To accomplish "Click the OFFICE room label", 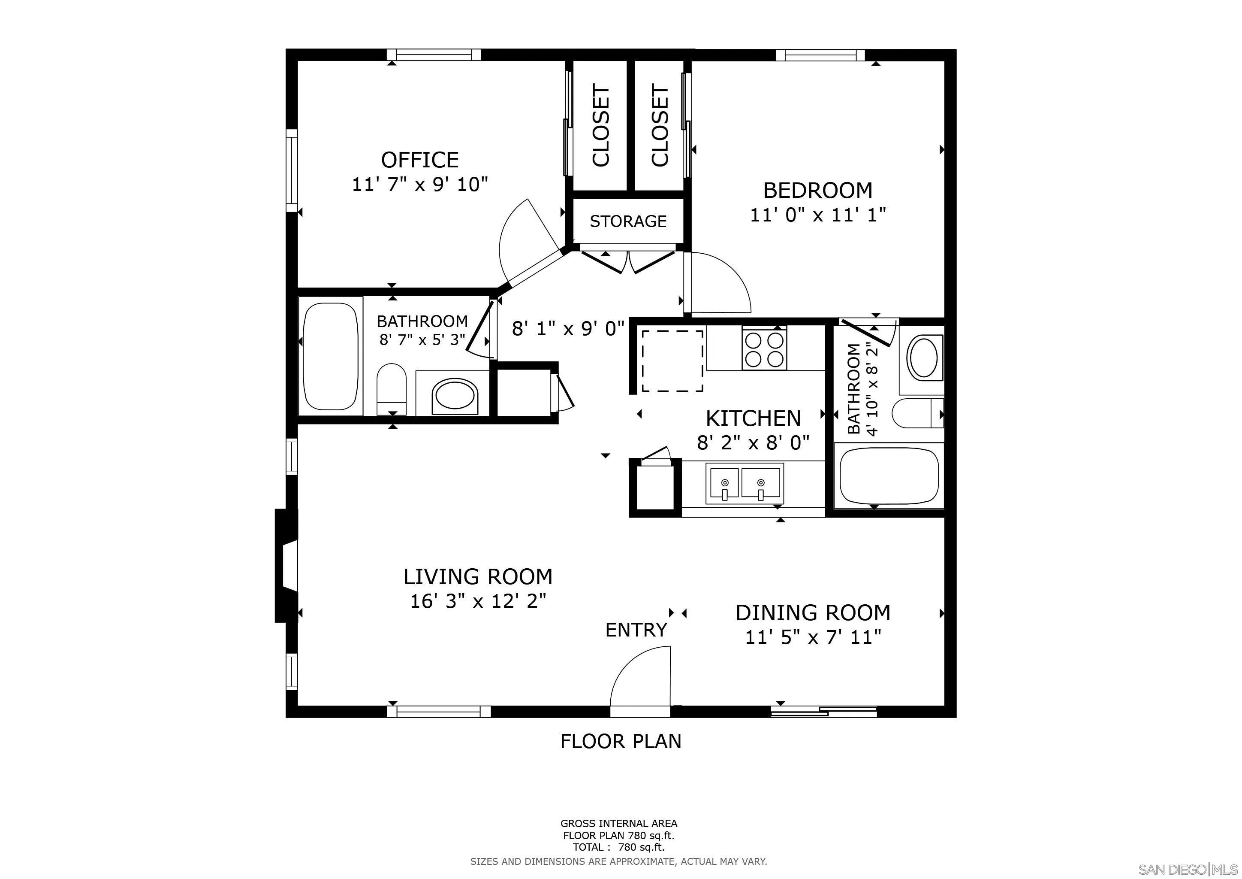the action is pyautogui.click(x=420, y=160).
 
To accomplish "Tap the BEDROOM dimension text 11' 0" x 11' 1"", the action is pyautogui.click(x=818, y=215).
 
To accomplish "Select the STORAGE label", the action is pyautogui.click(x=627, y=221).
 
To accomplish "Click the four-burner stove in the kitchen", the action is pyautogui.click(x=764, y=349).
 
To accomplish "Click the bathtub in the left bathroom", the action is pyautogui.click(x=331, y=356).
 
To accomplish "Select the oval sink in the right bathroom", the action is pyautogui.click(x=927, y=357).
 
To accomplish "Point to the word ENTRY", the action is pyautogui.click(x=636, y=630).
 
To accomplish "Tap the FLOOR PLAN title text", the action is pyautogui.click(x=621, y=741).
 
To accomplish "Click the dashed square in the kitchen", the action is pyautogui.click(x=672, y=361).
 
